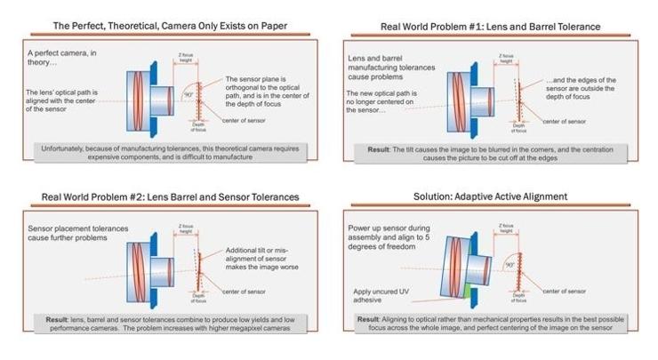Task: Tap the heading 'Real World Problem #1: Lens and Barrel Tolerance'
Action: (x=490, y=27)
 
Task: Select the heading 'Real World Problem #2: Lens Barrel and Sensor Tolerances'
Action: (x=169, y=196)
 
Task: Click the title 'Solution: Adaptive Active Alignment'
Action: (x=490, y=196)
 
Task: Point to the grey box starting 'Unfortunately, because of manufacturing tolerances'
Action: (x=170, y=151)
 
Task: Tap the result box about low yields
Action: (x=170, y=321)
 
